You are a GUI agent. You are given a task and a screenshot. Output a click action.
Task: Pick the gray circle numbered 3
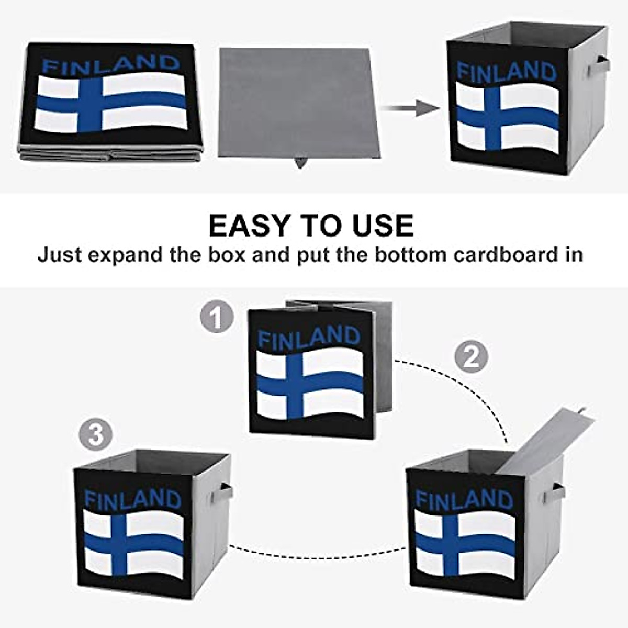tap(96, 435)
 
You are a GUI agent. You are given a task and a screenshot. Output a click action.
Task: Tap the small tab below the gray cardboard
tap(300, 163)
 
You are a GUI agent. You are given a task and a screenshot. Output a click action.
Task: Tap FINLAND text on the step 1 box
tap(309, 338)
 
